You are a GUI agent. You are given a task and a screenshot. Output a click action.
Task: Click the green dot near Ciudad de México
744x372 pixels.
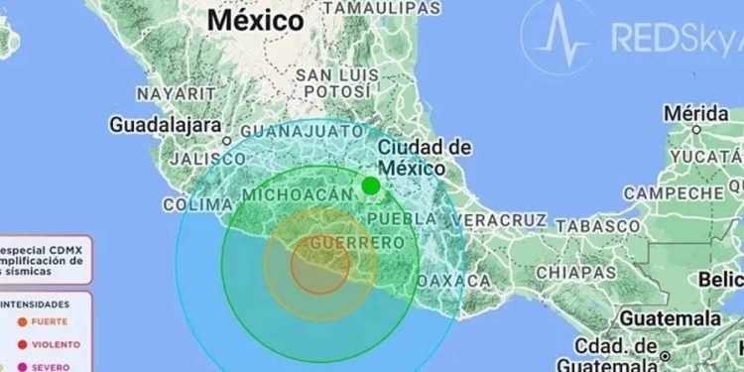click(371, 186)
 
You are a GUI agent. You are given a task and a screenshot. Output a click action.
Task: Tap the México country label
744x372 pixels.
click(256, 19)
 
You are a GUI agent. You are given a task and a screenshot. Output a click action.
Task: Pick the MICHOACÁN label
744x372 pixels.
click(297, 191)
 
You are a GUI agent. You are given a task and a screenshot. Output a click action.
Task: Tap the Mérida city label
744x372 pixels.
click(695, 114)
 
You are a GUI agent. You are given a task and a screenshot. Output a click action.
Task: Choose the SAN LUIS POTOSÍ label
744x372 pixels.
click(338, 88)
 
